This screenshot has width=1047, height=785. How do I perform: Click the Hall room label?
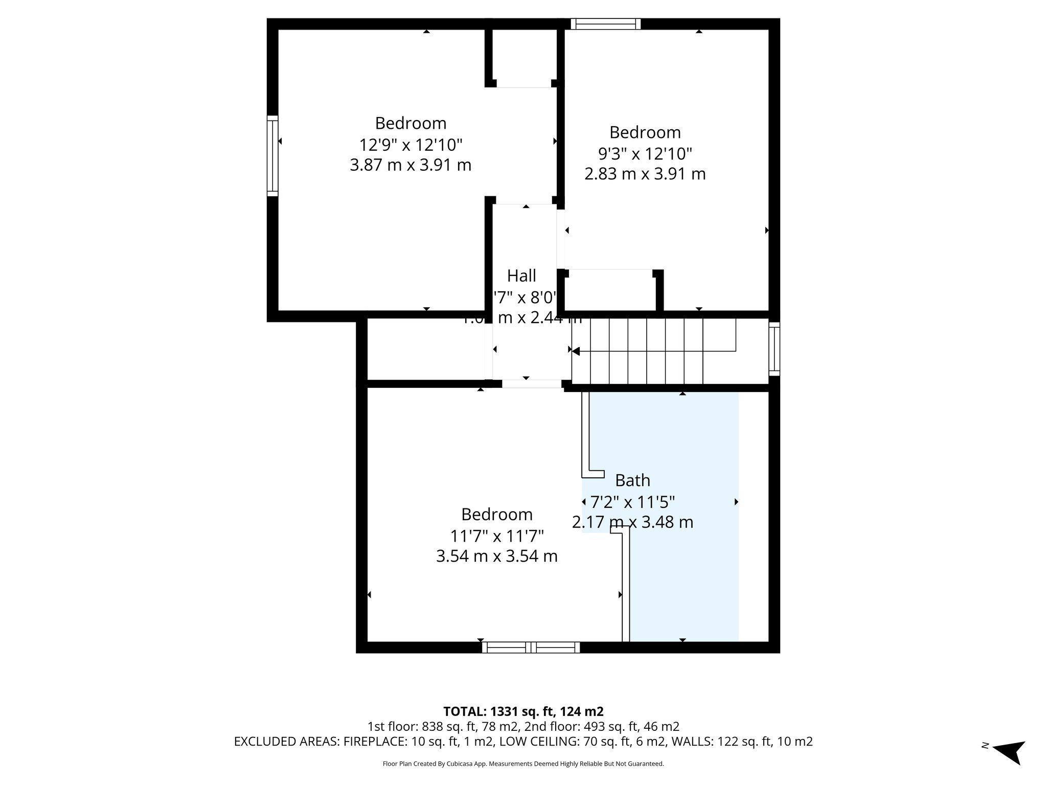pos(521,276)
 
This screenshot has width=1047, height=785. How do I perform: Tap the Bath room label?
pos(632,480)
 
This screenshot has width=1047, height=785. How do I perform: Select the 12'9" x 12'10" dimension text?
pos(411,145)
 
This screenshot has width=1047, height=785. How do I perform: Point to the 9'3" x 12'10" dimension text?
pos(645,153)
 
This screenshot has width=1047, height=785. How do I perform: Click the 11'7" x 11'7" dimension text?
pos(496,536)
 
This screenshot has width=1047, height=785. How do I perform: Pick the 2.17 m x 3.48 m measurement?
pos(632,522)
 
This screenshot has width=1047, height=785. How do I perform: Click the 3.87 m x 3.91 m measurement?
pos(411,166)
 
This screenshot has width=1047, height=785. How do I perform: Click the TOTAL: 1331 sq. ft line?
pos(523,711)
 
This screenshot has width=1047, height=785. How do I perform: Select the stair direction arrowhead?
pos(576,351)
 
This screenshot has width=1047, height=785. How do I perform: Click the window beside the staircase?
pos(775,349)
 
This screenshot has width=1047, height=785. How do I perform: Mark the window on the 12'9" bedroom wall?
pos(272,156)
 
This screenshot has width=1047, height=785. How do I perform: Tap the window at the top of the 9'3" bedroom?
pos(605,24)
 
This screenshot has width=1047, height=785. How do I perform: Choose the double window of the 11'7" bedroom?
pos(531,648)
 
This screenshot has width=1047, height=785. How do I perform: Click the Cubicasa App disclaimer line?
pos(523,764)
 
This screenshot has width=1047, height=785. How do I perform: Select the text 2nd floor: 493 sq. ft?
pos(578,727)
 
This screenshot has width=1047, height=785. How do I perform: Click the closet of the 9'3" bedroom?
pos(610,290)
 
